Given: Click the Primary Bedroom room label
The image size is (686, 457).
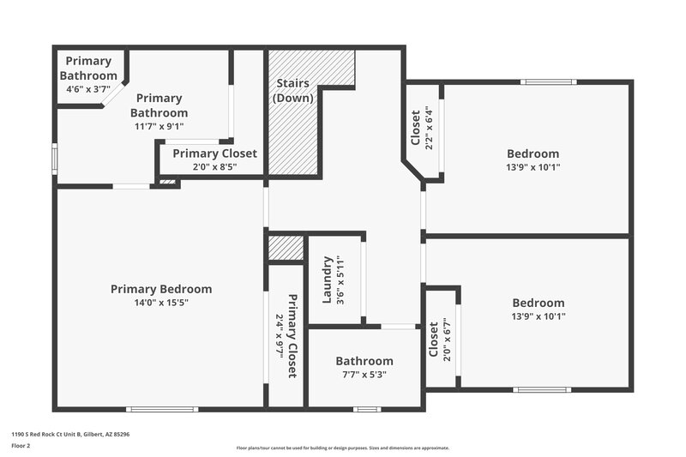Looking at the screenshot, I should click(161, 289).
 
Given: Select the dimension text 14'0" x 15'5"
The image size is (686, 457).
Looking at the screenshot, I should click(161, 303).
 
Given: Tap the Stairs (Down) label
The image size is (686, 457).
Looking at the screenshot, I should click(293, 91).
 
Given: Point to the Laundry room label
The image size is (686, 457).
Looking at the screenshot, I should click(327, 280).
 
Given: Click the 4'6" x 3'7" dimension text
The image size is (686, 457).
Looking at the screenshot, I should click(88, 88).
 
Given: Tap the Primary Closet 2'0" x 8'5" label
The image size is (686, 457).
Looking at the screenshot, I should click(214, 159).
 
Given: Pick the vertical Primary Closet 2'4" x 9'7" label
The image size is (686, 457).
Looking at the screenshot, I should click(286, 335).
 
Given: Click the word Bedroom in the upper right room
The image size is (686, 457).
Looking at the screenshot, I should click(533, 154).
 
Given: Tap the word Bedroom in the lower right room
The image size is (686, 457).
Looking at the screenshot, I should click(539, 303).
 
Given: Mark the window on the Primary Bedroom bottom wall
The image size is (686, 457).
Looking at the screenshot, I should click(162, 409).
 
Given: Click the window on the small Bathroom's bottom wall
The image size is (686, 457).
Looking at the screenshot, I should click(367, 409).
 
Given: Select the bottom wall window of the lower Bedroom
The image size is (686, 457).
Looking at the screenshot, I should click(542, 390).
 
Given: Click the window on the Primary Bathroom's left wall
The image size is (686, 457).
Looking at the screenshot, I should click(55, 159).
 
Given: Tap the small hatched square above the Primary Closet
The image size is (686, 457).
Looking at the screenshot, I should click(286, 249).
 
